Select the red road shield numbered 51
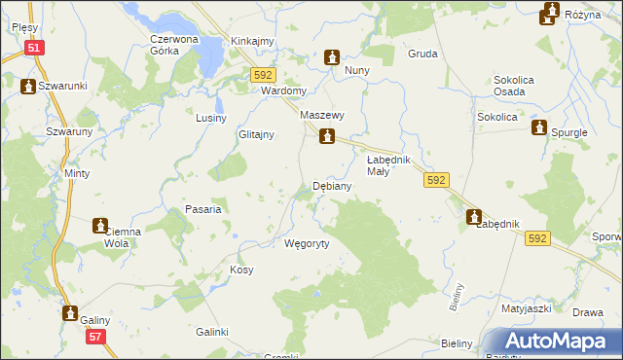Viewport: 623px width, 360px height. pyautogui.click(x=34, y=47)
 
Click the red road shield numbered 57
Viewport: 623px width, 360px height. pyautogui.click(x=94, y=337)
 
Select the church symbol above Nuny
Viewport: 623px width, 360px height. pyautogui.click(x=332, y=57)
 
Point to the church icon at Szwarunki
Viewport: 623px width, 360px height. pyautogui.click(x=28, y=86)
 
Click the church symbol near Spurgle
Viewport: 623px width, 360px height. pyautogui.click(x=538, y=127)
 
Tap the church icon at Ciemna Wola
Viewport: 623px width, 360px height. pyautogui.click(x=99, y=226)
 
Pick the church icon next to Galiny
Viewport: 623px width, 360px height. pyautogui.click(x=70, y=313)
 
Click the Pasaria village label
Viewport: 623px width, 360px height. pyautogui.click(x=204, y=209)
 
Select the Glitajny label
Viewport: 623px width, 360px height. pyautogui.click(x=257, y=135)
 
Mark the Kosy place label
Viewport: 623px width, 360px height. pyautogui.click(x=240, y=269)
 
